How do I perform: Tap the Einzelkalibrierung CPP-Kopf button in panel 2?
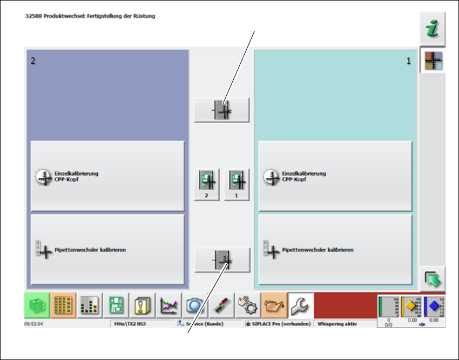tap(107, 176)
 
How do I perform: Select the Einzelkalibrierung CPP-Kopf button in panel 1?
tap(335, 176)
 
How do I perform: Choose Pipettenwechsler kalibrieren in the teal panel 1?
tap(335, 250)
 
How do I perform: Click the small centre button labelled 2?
tap(206, 184)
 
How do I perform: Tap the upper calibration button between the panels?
tap(222, 110)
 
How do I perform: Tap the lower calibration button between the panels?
tap(222, 260)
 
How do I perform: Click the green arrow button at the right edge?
tap(433, 279)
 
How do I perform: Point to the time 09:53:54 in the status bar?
tap(35, 324)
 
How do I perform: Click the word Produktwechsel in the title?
tap(58, 16)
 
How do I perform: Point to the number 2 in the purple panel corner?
tap(32, 61)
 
